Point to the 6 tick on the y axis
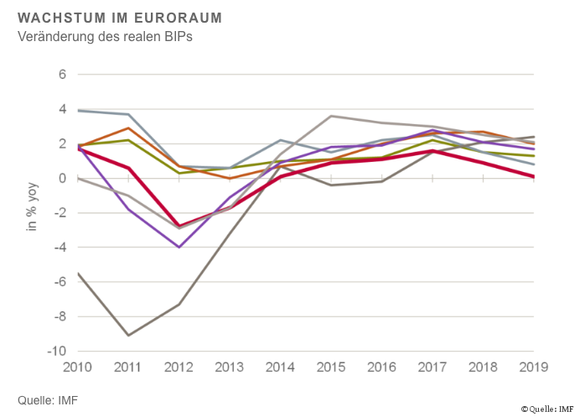coord(61,74)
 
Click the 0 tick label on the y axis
coord(61,178)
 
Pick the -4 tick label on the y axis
coord(58,248)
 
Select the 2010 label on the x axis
coord(78,367)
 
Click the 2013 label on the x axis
coord(230,367)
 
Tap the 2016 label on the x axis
coord(382,367)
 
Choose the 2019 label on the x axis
coord(534,367)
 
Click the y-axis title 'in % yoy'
coord(32,211)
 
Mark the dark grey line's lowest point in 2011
coord(128,336)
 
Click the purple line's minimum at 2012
coord(179,248)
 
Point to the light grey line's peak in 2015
coord(331,116)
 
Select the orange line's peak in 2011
coord(128,128)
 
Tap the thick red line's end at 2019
coord(534,176)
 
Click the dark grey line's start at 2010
coord(78,274)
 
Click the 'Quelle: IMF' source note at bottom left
coord(48,399)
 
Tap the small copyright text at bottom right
coord(546,409)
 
